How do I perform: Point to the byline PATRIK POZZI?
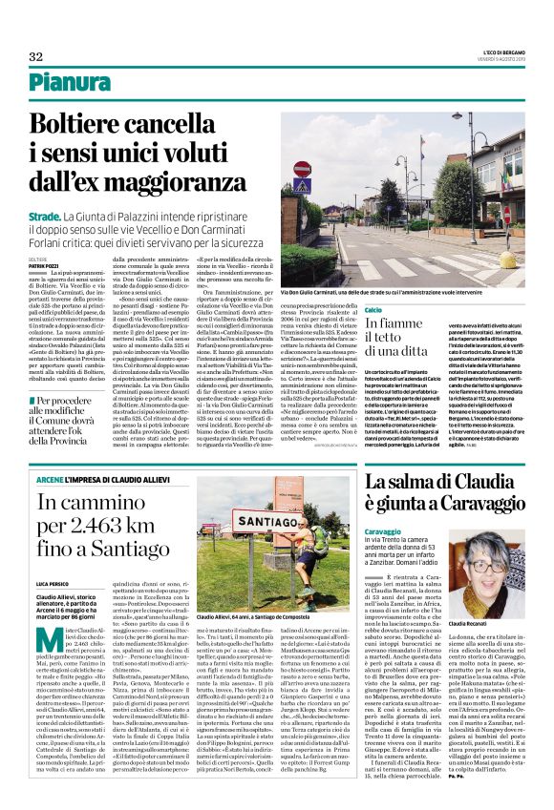point(43,265)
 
